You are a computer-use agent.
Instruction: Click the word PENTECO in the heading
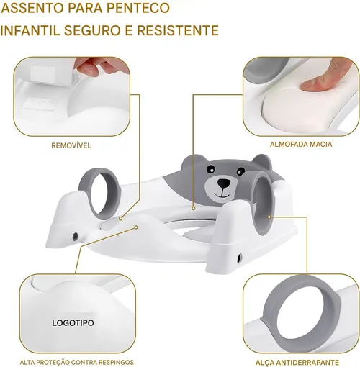click(138, 8)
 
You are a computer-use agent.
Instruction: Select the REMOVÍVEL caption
click(71, 145)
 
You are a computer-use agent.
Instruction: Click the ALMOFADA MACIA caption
click(301, 144)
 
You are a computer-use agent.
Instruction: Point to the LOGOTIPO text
click(73, 322)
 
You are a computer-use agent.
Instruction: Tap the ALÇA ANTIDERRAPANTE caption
click(297, 362)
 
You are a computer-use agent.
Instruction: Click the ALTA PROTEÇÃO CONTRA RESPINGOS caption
click(77, 362)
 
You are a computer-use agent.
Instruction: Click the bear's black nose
click(223, 183)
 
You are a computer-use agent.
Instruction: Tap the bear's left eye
click(211, 168)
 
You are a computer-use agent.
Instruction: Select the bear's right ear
click(263, 162)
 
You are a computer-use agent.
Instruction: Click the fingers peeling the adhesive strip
click(95, 65)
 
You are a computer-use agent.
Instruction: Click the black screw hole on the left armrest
click(75, 236)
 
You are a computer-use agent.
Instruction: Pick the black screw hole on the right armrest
click(239, 258)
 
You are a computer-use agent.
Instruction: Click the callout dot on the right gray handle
click(269, 217)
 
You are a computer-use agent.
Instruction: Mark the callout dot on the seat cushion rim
click(194, 209)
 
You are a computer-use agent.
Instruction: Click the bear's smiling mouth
click(222, 194)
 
